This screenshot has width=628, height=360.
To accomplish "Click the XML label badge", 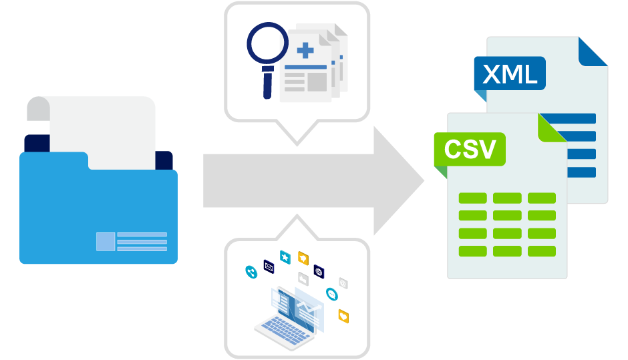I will point(509,73).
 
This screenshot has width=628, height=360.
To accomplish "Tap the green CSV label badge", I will point(469,148).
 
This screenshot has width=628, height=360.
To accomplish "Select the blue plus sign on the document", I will point(305,49).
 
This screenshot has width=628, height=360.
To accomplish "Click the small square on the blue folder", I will point(105,241).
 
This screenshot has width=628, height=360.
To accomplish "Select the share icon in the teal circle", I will point(251,271).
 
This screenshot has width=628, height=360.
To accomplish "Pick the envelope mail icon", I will point(269,266).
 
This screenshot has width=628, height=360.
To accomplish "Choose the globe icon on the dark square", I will point(319,271).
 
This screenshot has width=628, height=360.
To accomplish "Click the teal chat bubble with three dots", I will point(332,294).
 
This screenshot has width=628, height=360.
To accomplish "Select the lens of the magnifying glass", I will point(266,42).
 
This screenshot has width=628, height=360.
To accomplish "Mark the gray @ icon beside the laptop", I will point(343,283).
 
